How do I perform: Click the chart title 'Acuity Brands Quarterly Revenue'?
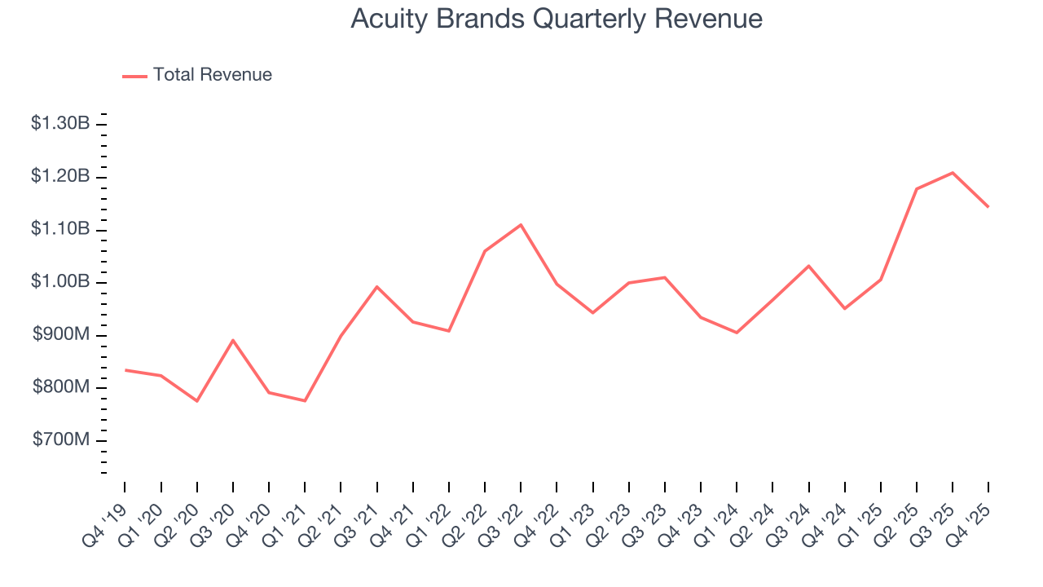tap(557, 19)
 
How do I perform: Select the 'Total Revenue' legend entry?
tap(212, 75)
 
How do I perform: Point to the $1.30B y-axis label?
tap(59, 124)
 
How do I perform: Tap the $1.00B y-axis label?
tap(59, 282)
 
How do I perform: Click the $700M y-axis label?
tap(59, 440)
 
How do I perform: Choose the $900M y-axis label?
tap(59, 335)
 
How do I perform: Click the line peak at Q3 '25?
tap(953, 173)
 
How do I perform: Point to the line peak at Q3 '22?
tap(521, 224)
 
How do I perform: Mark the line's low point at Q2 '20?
tap(197, 401)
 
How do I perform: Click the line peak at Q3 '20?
tap(233, 340)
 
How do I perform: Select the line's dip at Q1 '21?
tap(305, 401)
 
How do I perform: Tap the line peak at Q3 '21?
tap(377, 286)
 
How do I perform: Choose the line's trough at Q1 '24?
tap(737, 333)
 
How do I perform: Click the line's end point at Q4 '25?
tap(988, 207)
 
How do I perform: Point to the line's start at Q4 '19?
tap(125, 370)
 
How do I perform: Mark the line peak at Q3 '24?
tap(808, 266)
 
